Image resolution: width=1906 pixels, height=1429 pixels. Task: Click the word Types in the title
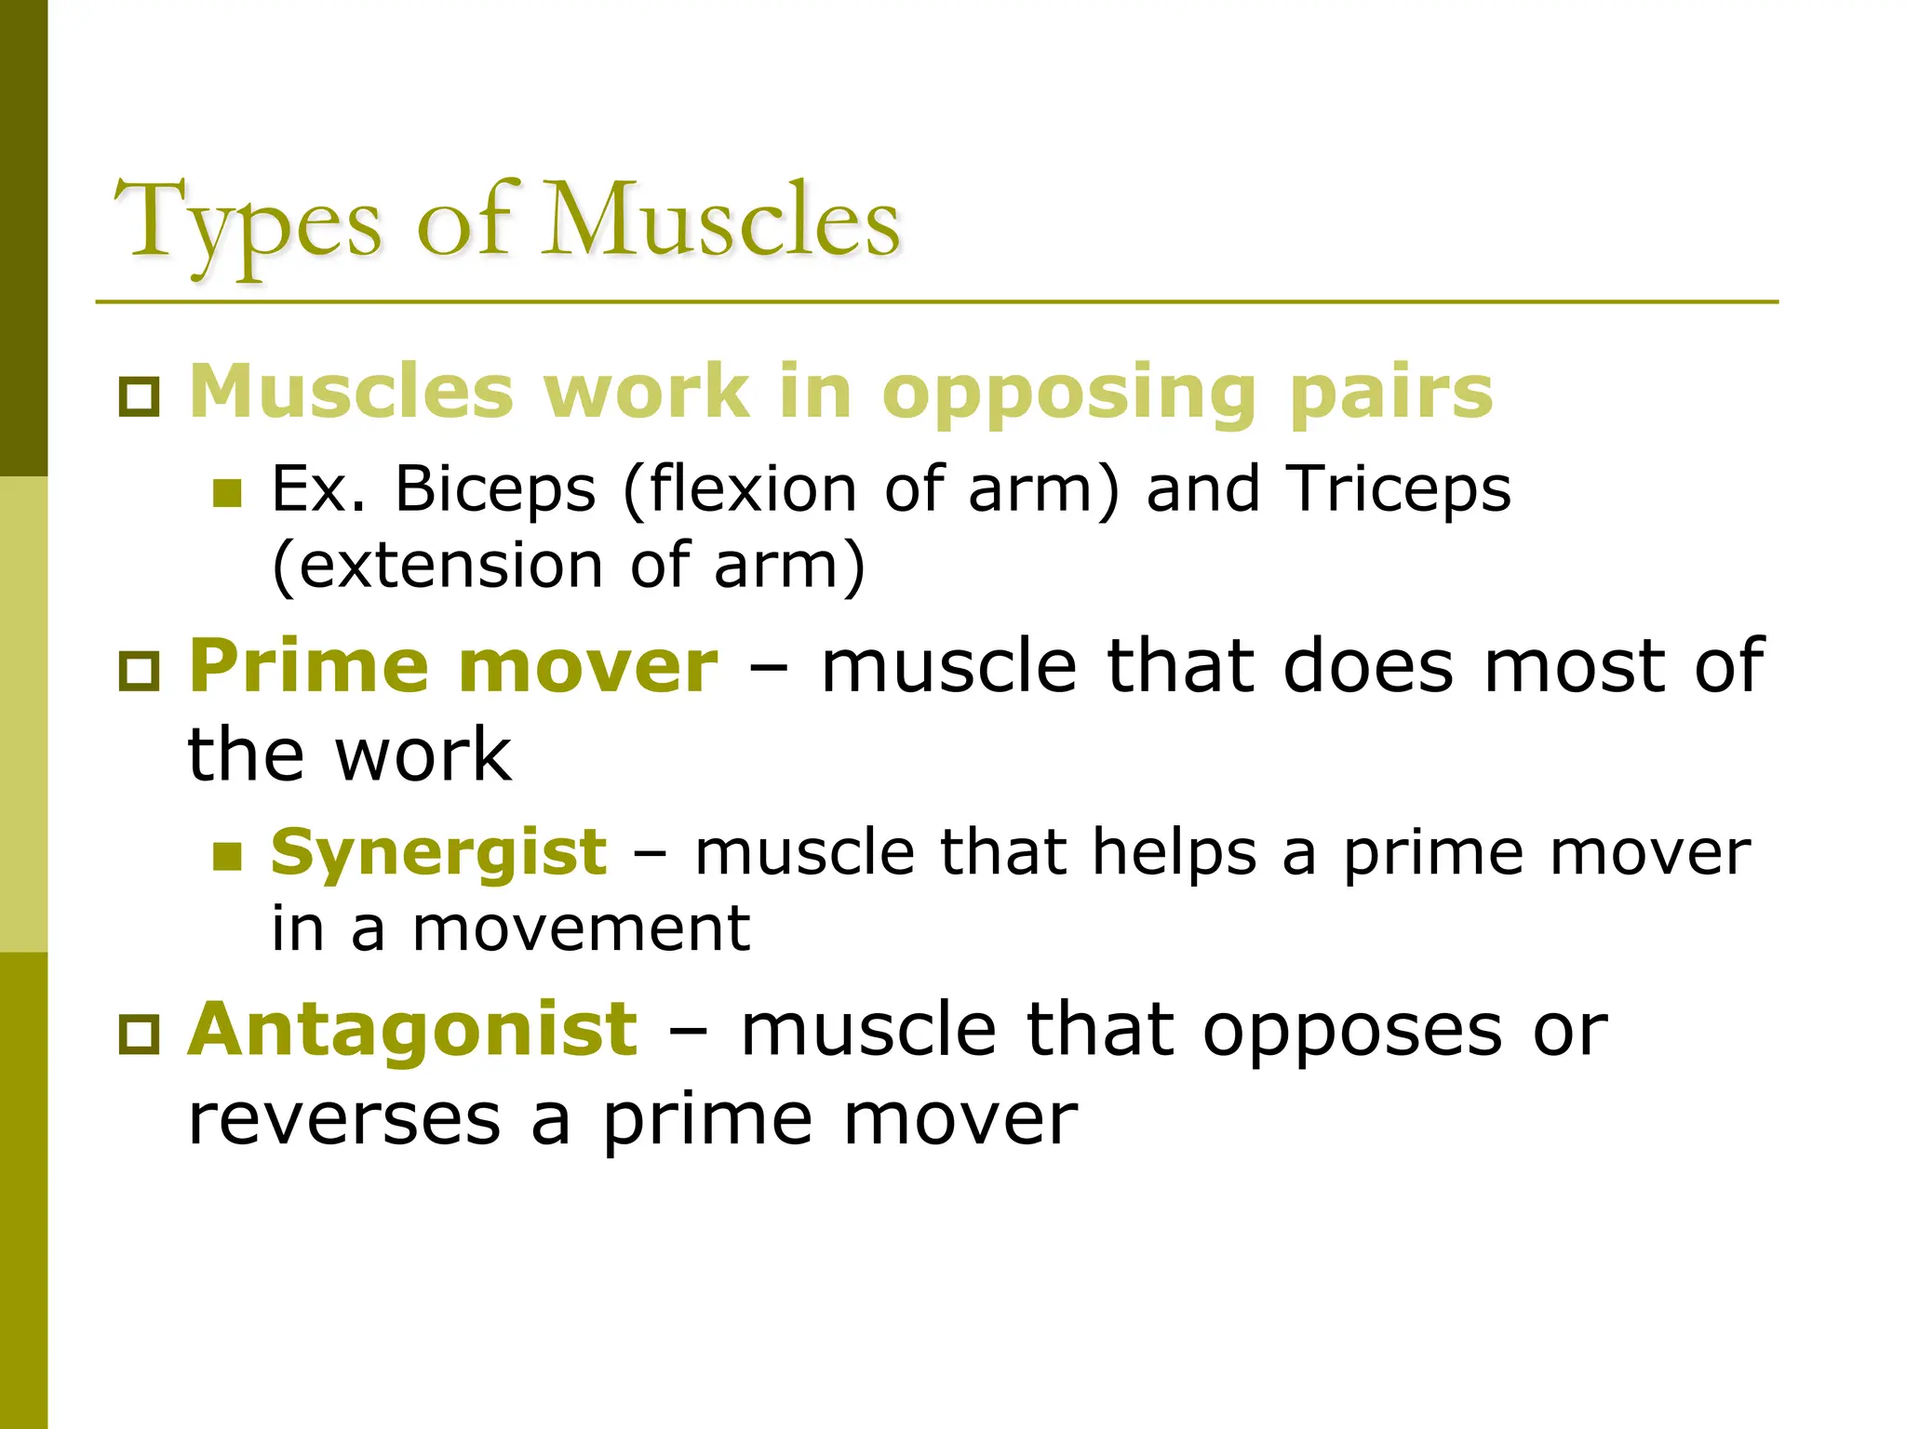pyautogui.click(x=248, y=223)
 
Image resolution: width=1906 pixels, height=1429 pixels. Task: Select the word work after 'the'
pyautogui.click(x=423, y=754)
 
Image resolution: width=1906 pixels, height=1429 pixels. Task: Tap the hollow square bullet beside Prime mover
pyautogui.click(x=140, y=670)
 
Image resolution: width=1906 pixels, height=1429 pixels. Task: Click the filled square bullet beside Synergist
pyautogui.click(x=227, y=856)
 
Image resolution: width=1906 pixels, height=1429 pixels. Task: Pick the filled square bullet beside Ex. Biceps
pyautogui.click(x=227, y=493)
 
